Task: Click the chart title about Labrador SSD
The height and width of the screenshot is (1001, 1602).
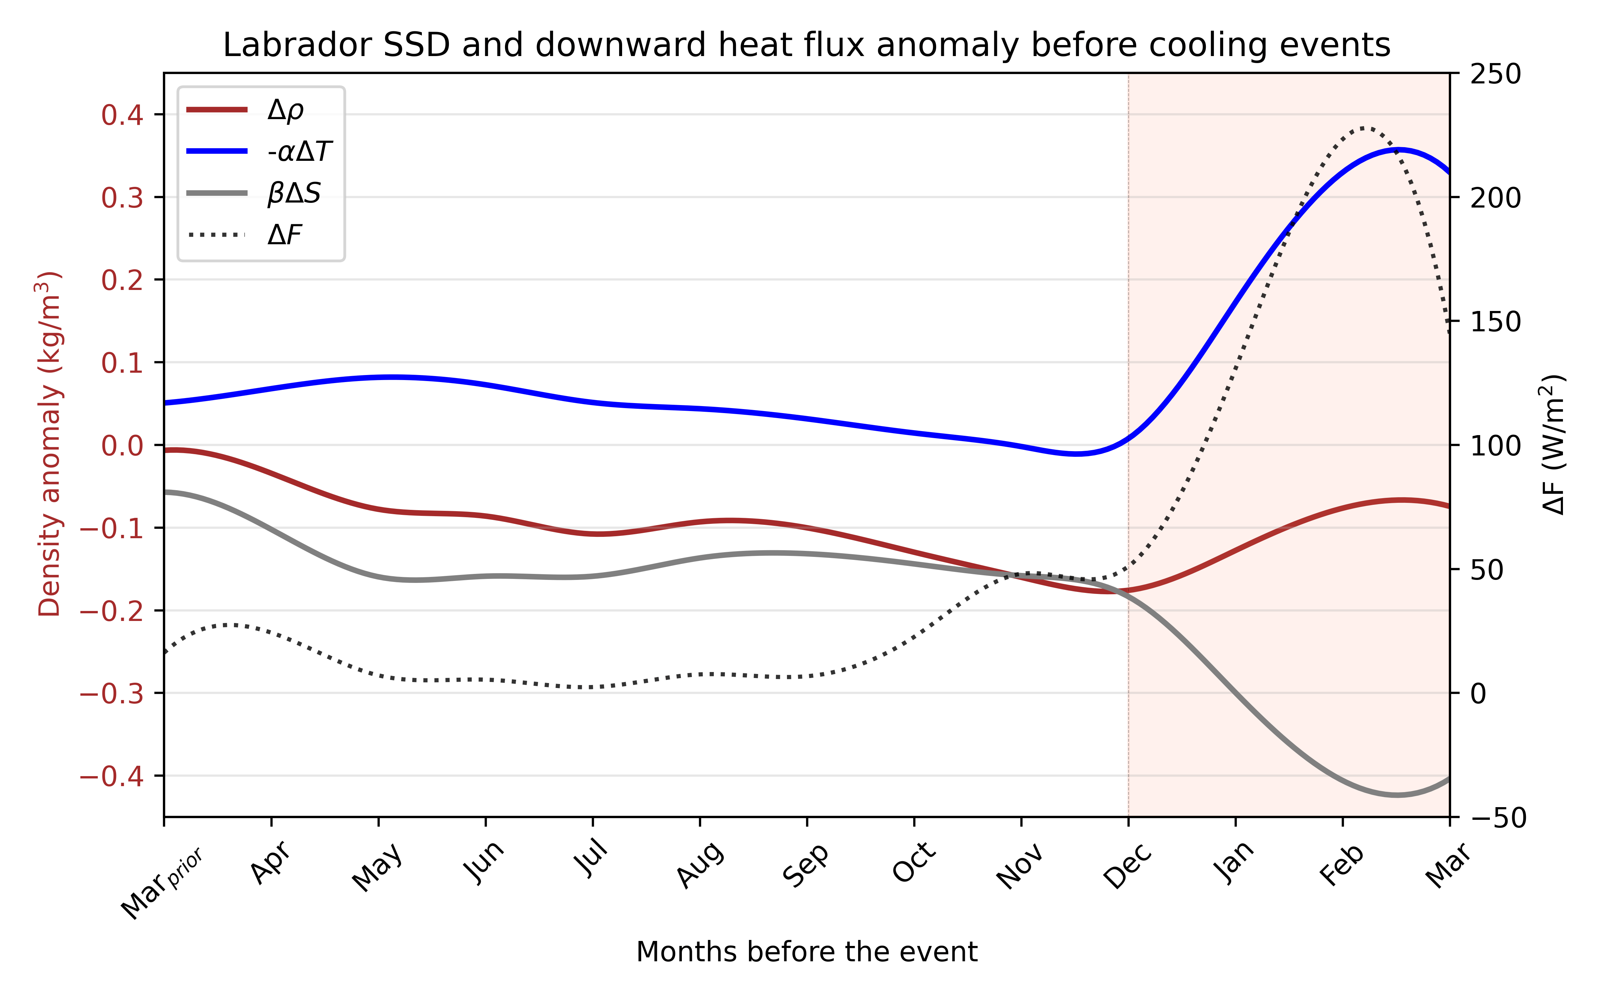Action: pyautogui.click(x=806, y=45)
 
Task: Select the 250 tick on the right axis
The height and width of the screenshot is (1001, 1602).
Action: pyautogui.click(x=1496, y=74)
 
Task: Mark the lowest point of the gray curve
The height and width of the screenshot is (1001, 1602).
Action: pyautogui.click(x=1397, y=794)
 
